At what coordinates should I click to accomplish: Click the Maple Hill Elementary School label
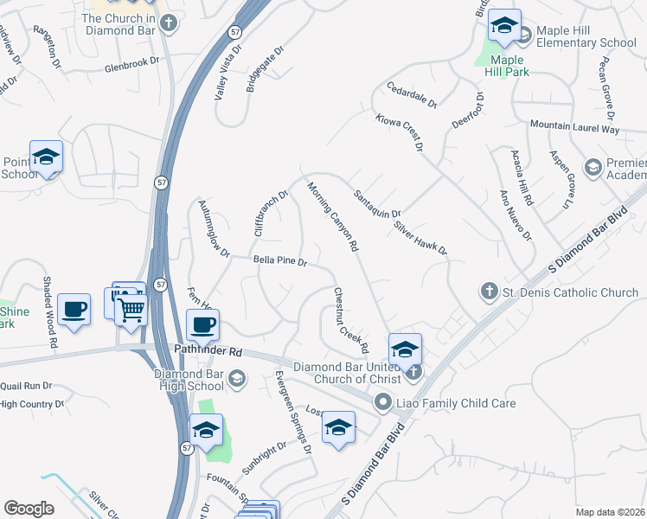[581, 35]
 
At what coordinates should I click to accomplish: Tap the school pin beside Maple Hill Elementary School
[503, 28]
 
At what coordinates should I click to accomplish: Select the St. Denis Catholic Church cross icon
[489, 292]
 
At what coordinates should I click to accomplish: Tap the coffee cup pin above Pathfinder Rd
[202, 326]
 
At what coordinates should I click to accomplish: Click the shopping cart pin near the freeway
[131, 307]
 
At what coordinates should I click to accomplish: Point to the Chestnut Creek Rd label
[351, 320]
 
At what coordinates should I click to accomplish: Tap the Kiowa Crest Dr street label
[400, 131]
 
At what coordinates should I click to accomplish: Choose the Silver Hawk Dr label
[420, 237]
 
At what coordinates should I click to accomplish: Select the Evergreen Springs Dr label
[292, 412]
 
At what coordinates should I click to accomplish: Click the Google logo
[29, 509]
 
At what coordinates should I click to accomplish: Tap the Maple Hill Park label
[509, 66]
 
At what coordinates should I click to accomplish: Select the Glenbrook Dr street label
[133, 64]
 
